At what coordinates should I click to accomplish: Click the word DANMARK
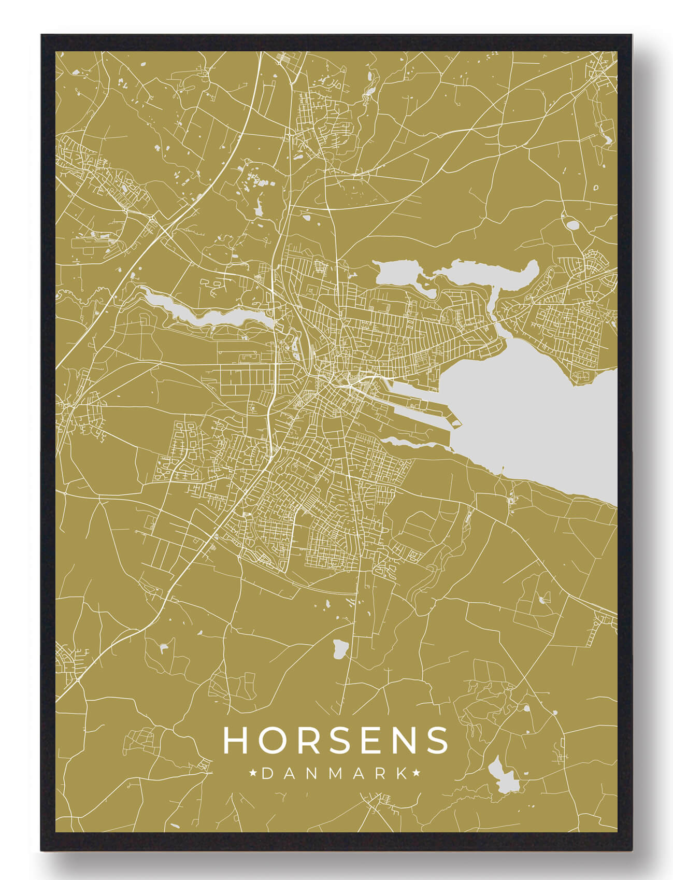(335, 774)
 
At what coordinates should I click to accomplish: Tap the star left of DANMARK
(253, 774)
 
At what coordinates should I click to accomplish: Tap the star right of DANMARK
(416, 774)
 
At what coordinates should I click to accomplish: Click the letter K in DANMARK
(402, 774)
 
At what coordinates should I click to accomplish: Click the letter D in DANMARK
(267, 774)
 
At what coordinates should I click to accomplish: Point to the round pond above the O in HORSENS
(340, 648)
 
